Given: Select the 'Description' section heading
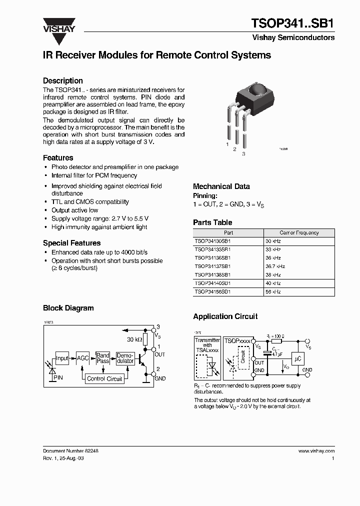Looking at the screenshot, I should click(62, 80).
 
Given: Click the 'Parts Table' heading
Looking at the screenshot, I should click(212, 222).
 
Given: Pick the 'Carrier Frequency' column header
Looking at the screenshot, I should click(299, 232).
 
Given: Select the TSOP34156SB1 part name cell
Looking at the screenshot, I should click(212, 291).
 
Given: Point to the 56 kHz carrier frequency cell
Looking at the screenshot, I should click(273, 291).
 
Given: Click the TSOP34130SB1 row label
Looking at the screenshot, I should click(212, 240).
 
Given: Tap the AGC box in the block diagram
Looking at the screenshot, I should click(82, 358).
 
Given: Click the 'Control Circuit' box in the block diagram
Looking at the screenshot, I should click(104, 378).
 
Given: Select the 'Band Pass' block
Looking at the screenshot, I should click(103, 358).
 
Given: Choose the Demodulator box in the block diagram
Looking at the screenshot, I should click(125, 358).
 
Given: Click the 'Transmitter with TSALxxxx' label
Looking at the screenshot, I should click(207, 345).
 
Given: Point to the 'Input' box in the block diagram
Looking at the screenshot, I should click(62, 358).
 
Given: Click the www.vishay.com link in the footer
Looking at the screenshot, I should click(316, 450).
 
